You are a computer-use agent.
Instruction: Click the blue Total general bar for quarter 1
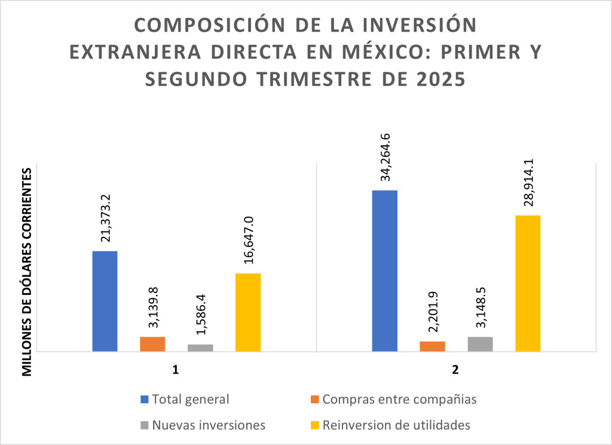[x=105, y=301]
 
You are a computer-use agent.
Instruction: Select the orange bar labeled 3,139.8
[x=152, y=344]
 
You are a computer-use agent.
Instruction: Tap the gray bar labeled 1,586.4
[x=200, y=348]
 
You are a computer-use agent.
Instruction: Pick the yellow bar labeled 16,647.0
[x=248, y=312]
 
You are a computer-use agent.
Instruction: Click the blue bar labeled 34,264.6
[x=384, y=270]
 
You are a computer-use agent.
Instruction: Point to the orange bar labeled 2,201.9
[x=432, y=346]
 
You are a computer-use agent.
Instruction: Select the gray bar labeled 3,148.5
[x=480, y=344]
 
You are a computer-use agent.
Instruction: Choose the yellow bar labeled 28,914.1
[x=528, y=283]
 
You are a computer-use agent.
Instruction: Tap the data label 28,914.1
[x=528, y=182]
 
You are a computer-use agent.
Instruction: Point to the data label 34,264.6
[x=385, y=157]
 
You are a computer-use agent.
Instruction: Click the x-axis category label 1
[x=176, y=370]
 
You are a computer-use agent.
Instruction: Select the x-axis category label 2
[x=455, y=370]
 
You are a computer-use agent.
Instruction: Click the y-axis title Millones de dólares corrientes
[x=27, y=272]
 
